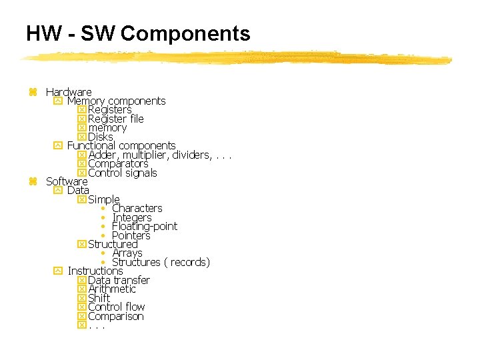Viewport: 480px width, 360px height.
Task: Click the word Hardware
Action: point(69,92)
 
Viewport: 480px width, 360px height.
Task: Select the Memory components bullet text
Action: point(116,101)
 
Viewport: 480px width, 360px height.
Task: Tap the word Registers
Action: point(110,110)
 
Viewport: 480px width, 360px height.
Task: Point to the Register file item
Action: point(115,119)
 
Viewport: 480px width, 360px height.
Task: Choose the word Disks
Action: point(101,137)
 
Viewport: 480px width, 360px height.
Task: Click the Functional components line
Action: point(121,145)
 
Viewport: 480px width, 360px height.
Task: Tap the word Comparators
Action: point(118,164)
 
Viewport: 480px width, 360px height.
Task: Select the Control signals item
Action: point(123,173)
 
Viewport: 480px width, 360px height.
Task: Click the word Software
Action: point(67,181)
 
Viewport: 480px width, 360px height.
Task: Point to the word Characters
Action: point(137,209)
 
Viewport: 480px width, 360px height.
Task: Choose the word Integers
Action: point(132,218)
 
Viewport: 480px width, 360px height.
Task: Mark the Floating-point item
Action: point(145,227)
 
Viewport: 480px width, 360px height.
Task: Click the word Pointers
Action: point(131,236)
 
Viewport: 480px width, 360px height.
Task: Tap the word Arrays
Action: point(127,253)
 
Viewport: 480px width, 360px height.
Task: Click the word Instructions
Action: point(95,271)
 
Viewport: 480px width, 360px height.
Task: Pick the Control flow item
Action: point(117,307)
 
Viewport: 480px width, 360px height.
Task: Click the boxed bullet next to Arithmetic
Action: point(82,289)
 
